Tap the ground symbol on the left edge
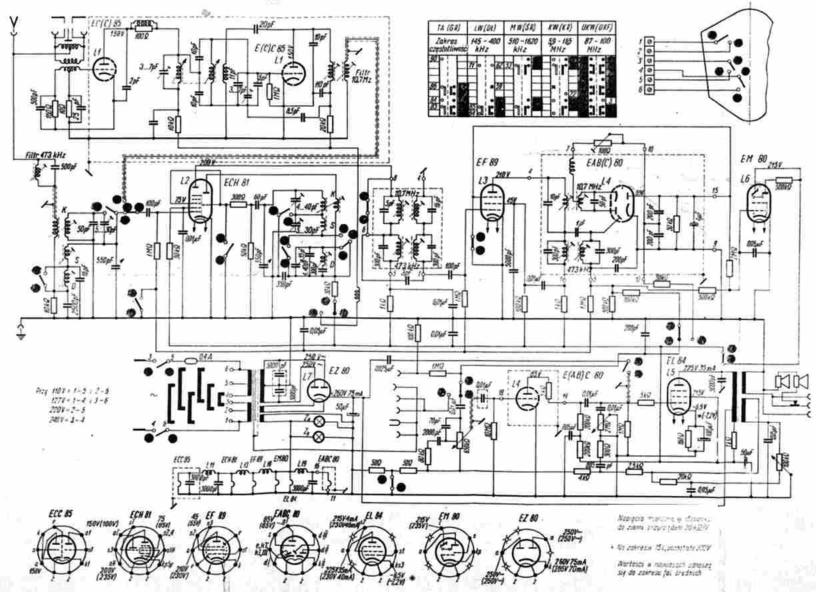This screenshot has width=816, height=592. click(19, 327)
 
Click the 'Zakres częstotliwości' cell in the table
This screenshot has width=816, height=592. click(445, 45)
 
